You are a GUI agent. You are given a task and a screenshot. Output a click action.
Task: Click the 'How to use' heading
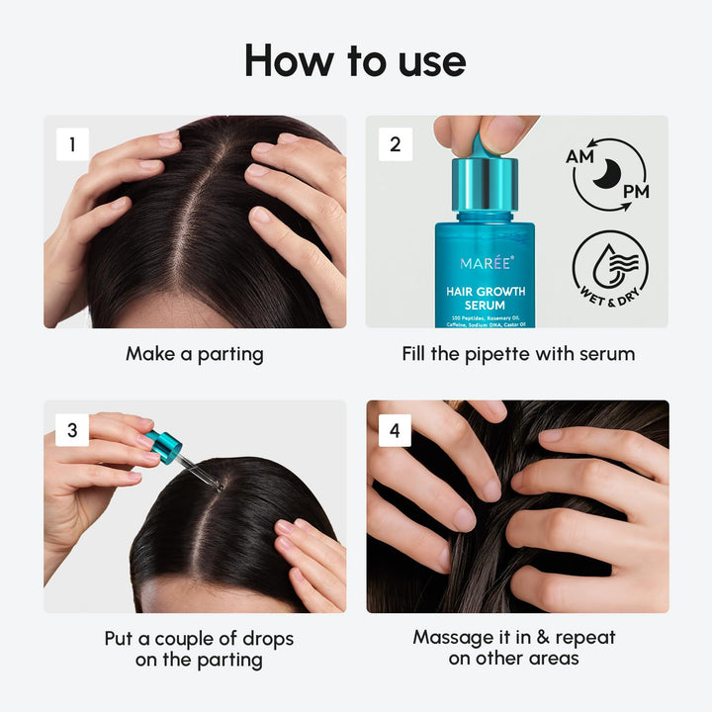[355, 60]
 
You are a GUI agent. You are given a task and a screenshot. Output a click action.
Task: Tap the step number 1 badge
[71, 144]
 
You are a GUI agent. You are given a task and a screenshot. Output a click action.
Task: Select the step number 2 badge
[395, 144]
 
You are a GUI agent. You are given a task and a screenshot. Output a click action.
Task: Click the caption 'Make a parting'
[195, 353]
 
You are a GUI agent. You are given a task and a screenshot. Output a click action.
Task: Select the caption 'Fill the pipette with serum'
[517, 353]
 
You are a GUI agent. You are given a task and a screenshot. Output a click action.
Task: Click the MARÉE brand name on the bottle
[484, 264]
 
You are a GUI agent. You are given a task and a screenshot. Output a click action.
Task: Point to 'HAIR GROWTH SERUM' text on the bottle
[485, 299]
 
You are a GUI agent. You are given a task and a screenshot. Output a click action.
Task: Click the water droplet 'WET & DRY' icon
[610, 270]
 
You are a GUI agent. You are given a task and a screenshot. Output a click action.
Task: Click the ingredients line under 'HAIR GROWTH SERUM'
[485, 319]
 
